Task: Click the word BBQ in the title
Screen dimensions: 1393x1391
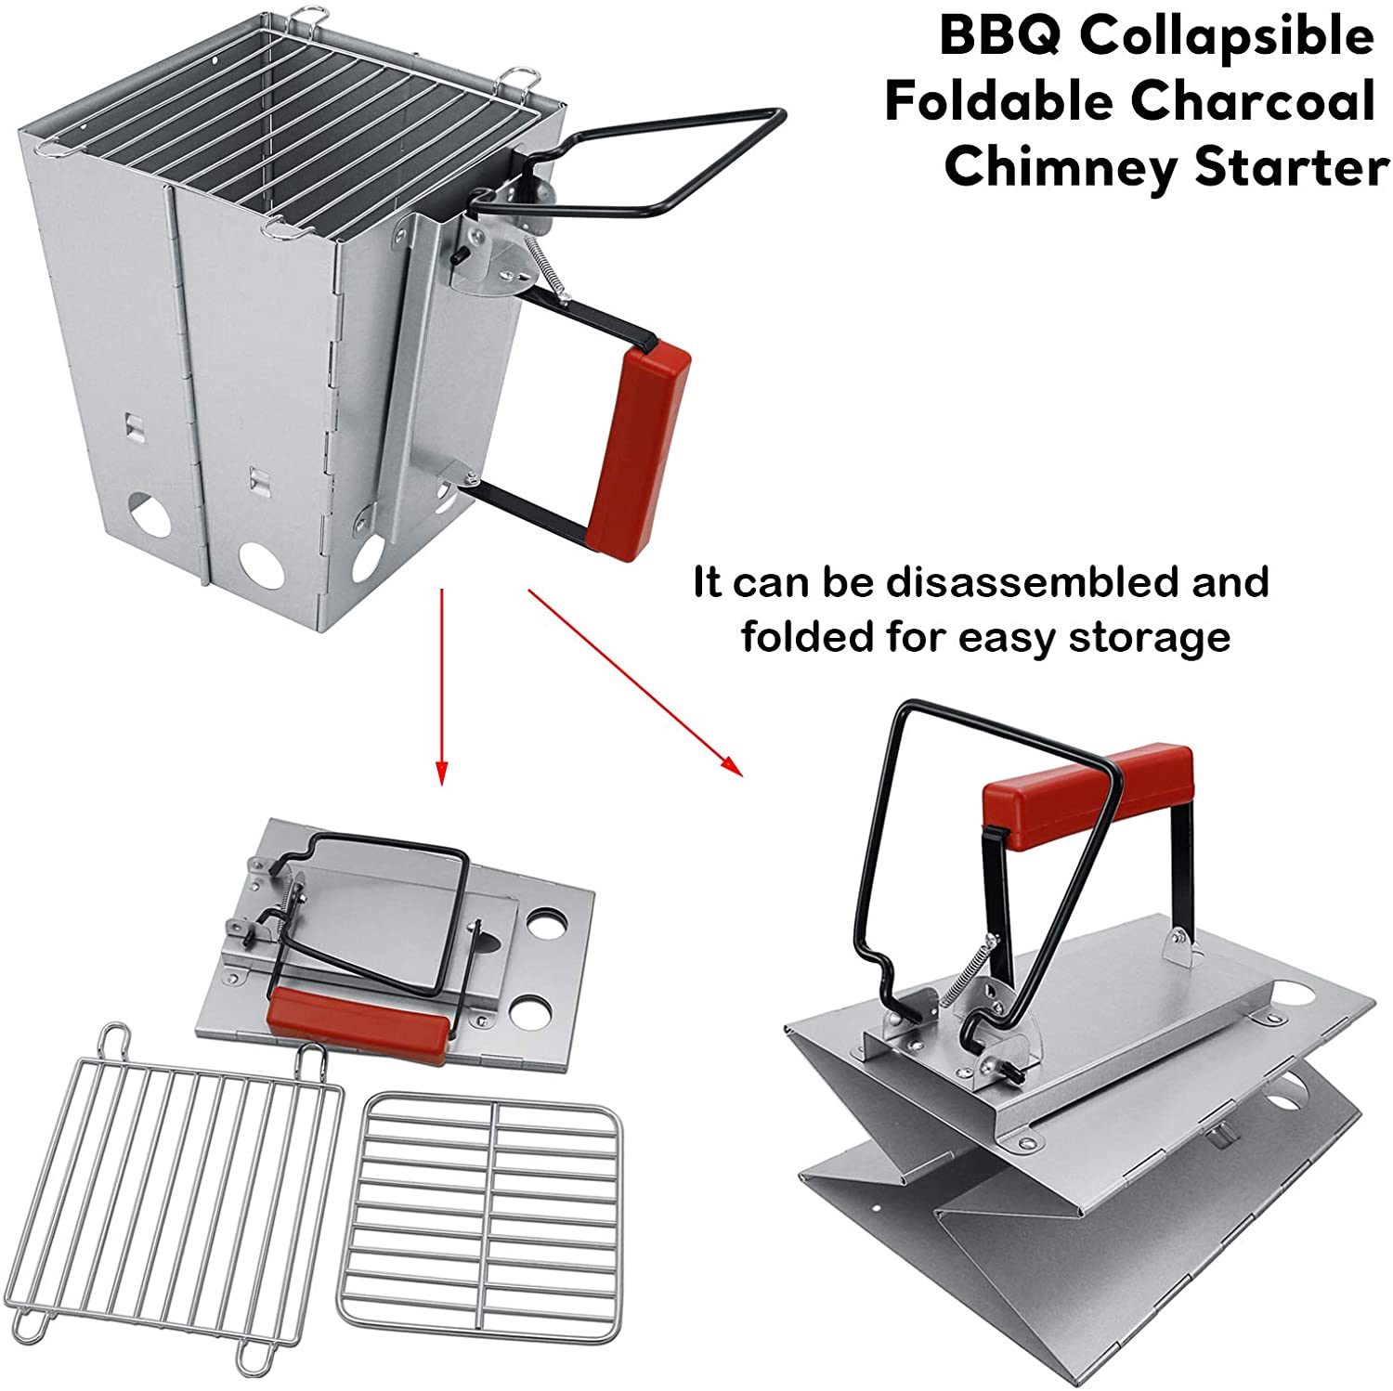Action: pos(999,37)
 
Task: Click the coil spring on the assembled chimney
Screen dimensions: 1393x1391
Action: pos(546,267)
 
